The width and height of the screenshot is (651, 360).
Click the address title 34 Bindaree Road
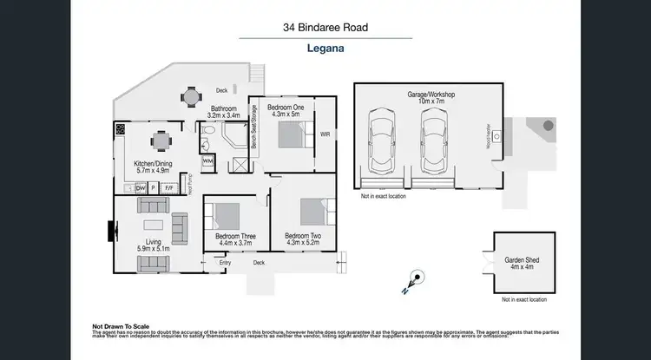[325, 28]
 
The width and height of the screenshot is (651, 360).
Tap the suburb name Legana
[325, 49]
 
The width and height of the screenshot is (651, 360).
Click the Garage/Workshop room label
[431, 94]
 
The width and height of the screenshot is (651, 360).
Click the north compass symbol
[414, 280]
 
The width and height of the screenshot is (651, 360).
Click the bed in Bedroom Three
[227, 216]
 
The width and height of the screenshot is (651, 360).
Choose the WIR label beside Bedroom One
[325, 134]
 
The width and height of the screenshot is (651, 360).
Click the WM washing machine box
[207, 161]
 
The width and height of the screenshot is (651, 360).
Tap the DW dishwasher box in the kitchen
[141, 187]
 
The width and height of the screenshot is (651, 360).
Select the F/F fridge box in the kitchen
[170, 187]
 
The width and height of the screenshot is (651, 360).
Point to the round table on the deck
[190, 97]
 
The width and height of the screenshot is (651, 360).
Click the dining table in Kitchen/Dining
[160, 140]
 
